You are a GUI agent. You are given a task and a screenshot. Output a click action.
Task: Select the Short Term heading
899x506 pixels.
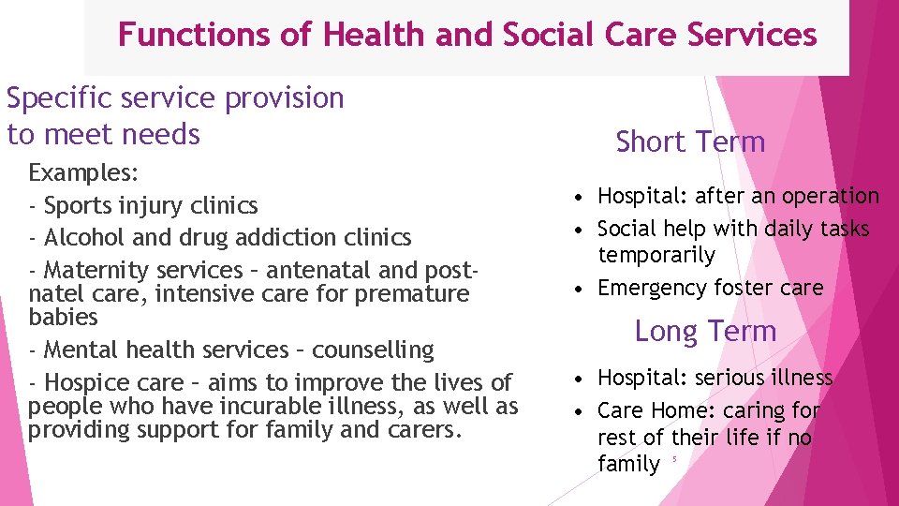tap(690, 142)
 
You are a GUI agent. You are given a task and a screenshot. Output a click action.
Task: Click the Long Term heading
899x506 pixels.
tap(705, 331)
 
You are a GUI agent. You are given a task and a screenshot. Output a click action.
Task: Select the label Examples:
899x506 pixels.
tap(84, 173)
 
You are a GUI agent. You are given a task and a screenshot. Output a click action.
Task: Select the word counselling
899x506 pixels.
tap(373, 350)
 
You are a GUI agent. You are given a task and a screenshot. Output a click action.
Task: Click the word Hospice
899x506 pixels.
tap(89, 382)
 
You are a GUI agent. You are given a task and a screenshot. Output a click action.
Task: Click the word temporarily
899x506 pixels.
tap(656, 255)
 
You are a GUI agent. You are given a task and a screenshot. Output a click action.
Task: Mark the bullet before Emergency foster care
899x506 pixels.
tap(582, 288)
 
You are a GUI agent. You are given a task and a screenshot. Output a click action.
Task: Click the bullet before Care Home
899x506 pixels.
tap(582, 410)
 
